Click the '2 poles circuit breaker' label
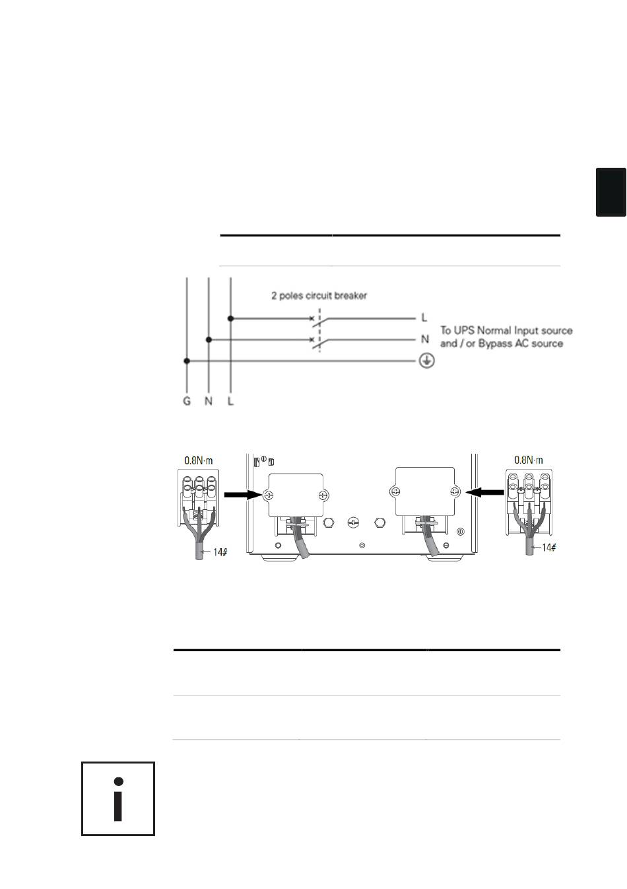319,296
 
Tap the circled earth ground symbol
426,361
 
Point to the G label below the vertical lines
186,402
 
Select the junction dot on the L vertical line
231,318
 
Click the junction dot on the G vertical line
187,361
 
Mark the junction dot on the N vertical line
209,339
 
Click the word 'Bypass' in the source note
494,343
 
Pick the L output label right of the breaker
424,318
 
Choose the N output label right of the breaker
425,339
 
